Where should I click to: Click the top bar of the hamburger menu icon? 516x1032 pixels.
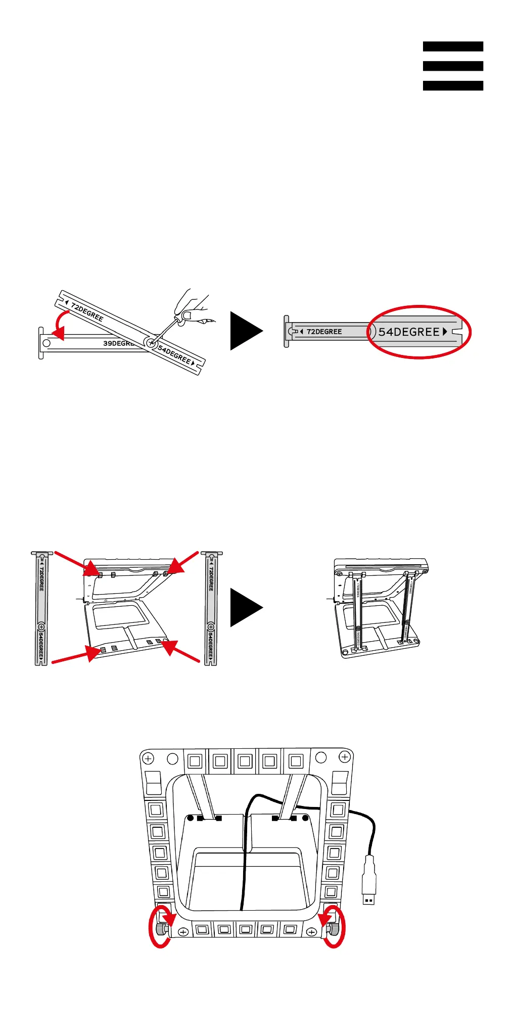tap(453, 47)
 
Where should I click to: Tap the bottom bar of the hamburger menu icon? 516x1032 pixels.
tap(453, 85)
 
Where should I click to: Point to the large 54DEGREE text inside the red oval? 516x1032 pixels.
tap(409, 332)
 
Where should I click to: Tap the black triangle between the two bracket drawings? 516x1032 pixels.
tap(246, 331)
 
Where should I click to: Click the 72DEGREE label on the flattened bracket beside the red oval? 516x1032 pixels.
tap(324, 332)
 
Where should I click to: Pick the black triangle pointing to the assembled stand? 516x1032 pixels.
tap(246, 607)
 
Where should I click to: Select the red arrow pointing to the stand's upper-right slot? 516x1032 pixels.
tap(183, 563)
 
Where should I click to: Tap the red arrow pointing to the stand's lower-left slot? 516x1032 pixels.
tap(76, 655)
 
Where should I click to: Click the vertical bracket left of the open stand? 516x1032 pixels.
tap(41, 609)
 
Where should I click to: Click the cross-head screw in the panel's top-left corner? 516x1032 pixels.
tap(148, 758)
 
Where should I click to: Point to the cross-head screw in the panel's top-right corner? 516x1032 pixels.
tap(345, 757)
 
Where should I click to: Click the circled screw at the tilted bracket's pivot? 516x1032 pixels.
tap(150, 343)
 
